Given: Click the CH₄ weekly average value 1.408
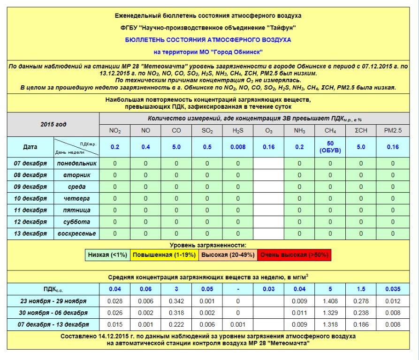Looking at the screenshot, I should pyautogui.click(x=330, y=301).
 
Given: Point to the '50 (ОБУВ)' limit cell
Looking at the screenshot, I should pyautogui.click(x=330, y=147).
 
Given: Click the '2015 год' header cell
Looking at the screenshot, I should pyautogui.click(x=53, y=125).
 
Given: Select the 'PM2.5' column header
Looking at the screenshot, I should pyautogui.click(x=393, y=131).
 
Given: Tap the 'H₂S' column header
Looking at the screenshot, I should pyautogui.click(x=237, y=131).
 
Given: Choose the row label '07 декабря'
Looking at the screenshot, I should pyautogui.click(x=30, y=164).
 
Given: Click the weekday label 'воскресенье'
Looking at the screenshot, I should pyautogui.click(x=76, y=233).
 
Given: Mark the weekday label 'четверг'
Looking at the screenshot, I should pyautogui.click(x=76, y=199).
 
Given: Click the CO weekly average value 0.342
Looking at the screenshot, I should pyautogui.click(x=176, y=301).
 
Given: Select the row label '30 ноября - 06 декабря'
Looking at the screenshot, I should pyautogui.click(x=53, y=313).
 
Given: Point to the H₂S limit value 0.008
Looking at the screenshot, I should pyautogui.click(x=237, y=147).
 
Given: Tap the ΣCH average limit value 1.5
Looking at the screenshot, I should pyautogui.click(x=361, y=289).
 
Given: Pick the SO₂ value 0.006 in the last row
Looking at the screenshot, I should pyautogui.click(x=207, y=324).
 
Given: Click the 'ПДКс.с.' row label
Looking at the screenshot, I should pyautogui.click(x=53, y=289).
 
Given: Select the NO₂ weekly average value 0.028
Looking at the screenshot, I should pyautogui.click(x=115, y=301).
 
